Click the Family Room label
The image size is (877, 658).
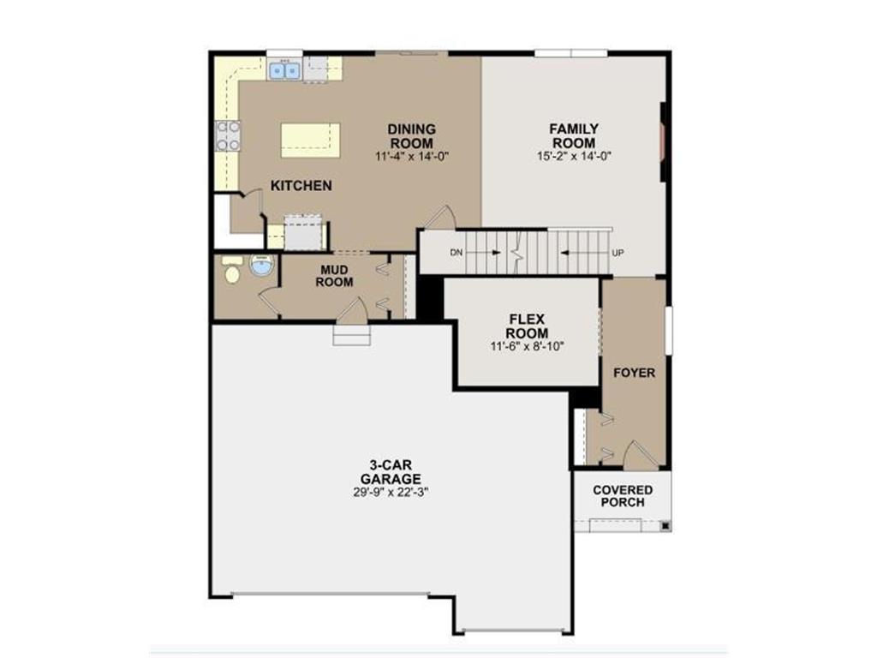[x=574, y=136]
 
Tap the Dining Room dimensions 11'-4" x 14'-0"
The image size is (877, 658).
[x=412, y=156]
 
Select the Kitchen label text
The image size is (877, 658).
[x=301, y=186]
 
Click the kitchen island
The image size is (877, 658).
[x=310, y=141]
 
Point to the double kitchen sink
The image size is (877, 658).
[x=285, y=70]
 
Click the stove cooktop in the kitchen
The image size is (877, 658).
[x=228, y=136]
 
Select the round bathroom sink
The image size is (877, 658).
[x=260, y=266]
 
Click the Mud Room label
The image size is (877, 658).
[x=334, y=277]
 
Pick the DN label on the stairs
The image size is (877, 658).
[x=456, y=253]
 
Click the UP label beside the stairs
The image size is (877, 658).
[x=617, y=253]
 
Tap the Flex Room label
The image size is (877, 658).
[x=528, y=326]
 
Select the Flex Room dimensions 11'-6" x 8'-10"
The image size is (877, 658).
[x=528, y=347]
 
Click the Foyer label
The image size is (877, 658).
[x=635, y=373]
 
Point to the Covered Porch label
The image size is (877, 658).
[x=623, y=496]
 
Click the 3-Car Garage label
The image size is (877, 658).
[x=391, y=472]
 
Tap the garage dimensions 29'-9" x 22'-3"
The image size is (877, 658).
[x=391, y=493]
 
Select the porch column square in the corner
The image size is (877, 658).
[x=665, y=526]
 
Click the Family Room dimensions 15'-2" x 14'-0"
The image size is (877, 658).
[x=574, y=156]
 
